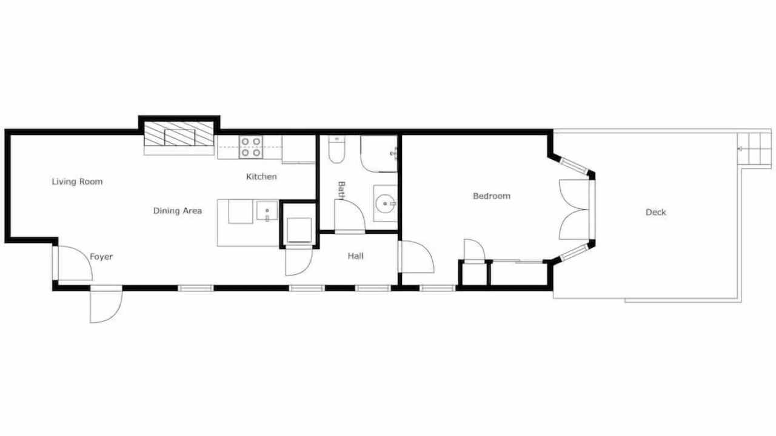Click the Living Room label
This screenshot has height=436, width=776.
pyautogui.click(x=77, y=182)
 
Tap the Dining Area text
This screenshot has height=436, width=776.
pyautogui.click(x=178, y=211)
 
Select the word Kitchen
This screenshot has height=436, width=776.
pyautogui.click(x=261, y=176)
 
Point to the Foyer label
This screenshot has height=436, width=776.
pyautogui.click(x=101, y=257)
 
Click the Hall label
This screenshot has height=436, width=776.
pyautogui.click(x=355, y=256)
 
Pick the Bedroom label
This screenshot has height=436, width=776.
pyautogui.click(x=492, y=196)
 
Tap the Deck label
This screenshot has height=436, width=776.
pyautogui.click(x=656, y=212)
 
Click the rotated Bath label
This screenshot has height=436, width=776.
pyautogui.click(x=341, y=190)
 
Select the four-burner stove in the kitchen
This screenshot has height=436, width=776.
pyautogui.click(x=251, y=147)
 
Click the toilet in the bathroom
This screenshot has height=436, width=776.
pyautogui.click(x=336, y=149)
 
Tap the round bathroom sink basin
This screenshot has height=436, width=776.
pyautogui.click(x=384, y=203)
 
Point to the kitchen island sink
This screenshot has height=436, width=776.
pyautogui.click(x=267, y=211)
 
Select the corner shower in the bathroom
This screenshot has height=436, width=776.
pyautogui.click(x=379, y=154)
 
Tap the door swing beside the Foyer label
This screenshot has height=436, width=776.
pyautogui.click(x=75, y=263)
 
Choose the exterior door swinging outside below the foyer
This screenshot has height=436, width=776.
pyautogui.click(x=105, y=306)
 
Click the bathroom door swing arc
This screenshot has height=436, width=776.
pyautogui.click(x=349, y=215)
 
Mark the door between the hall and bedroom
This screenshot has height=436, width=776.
pyautogui.click(x=416, y=257)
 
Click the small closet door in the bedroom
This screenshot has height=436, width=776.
pyautogui.click(x=474, y=250)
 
